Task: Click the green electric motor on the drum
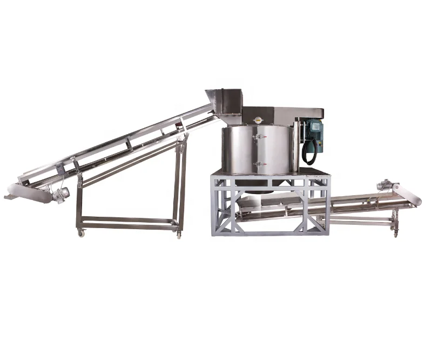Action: pos(313,130)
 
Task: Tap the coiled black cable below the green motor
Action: pos(309,151)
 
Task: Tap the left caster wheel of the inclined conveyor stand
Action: pos(82,232)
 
